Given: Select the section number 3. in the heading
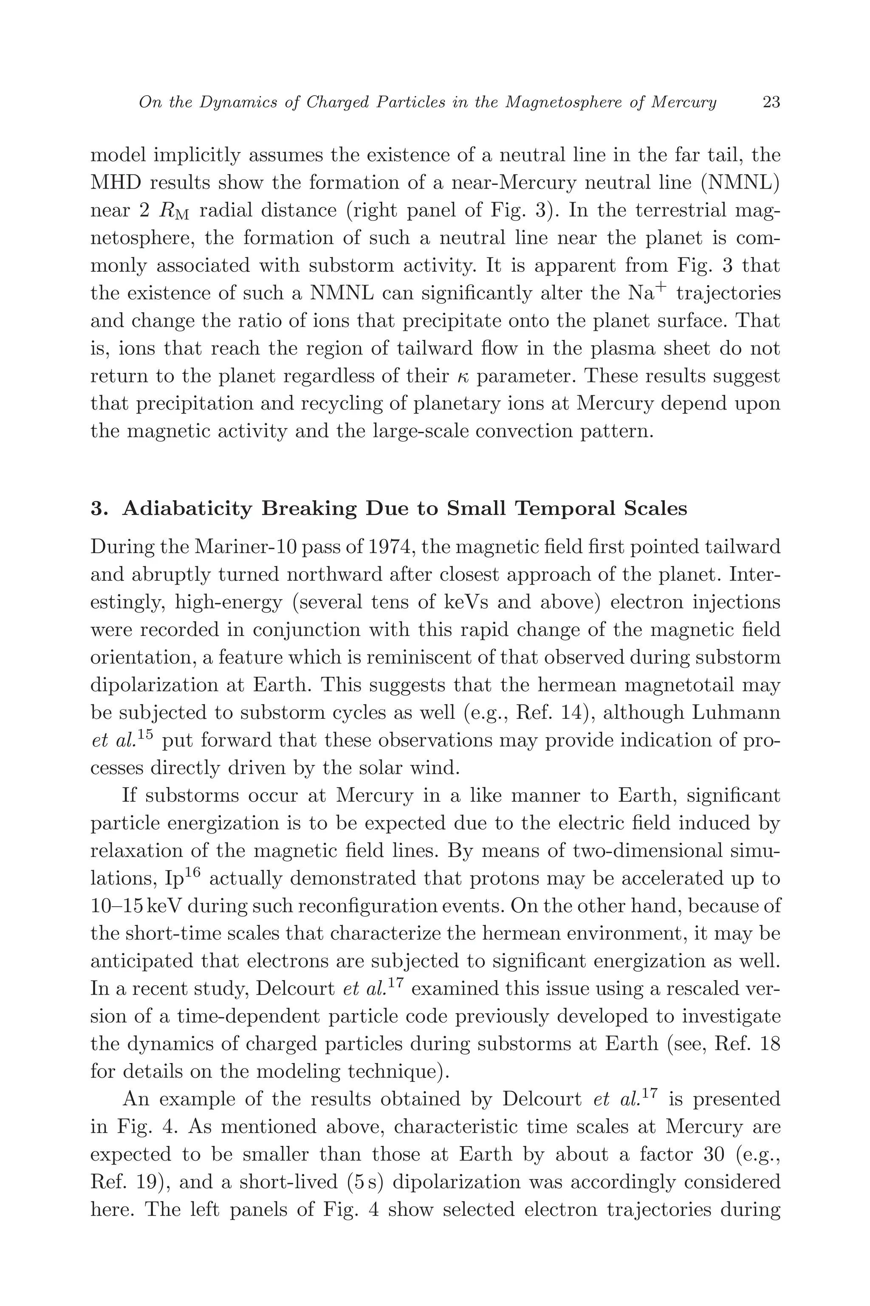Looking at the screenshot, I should (99, 509).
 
